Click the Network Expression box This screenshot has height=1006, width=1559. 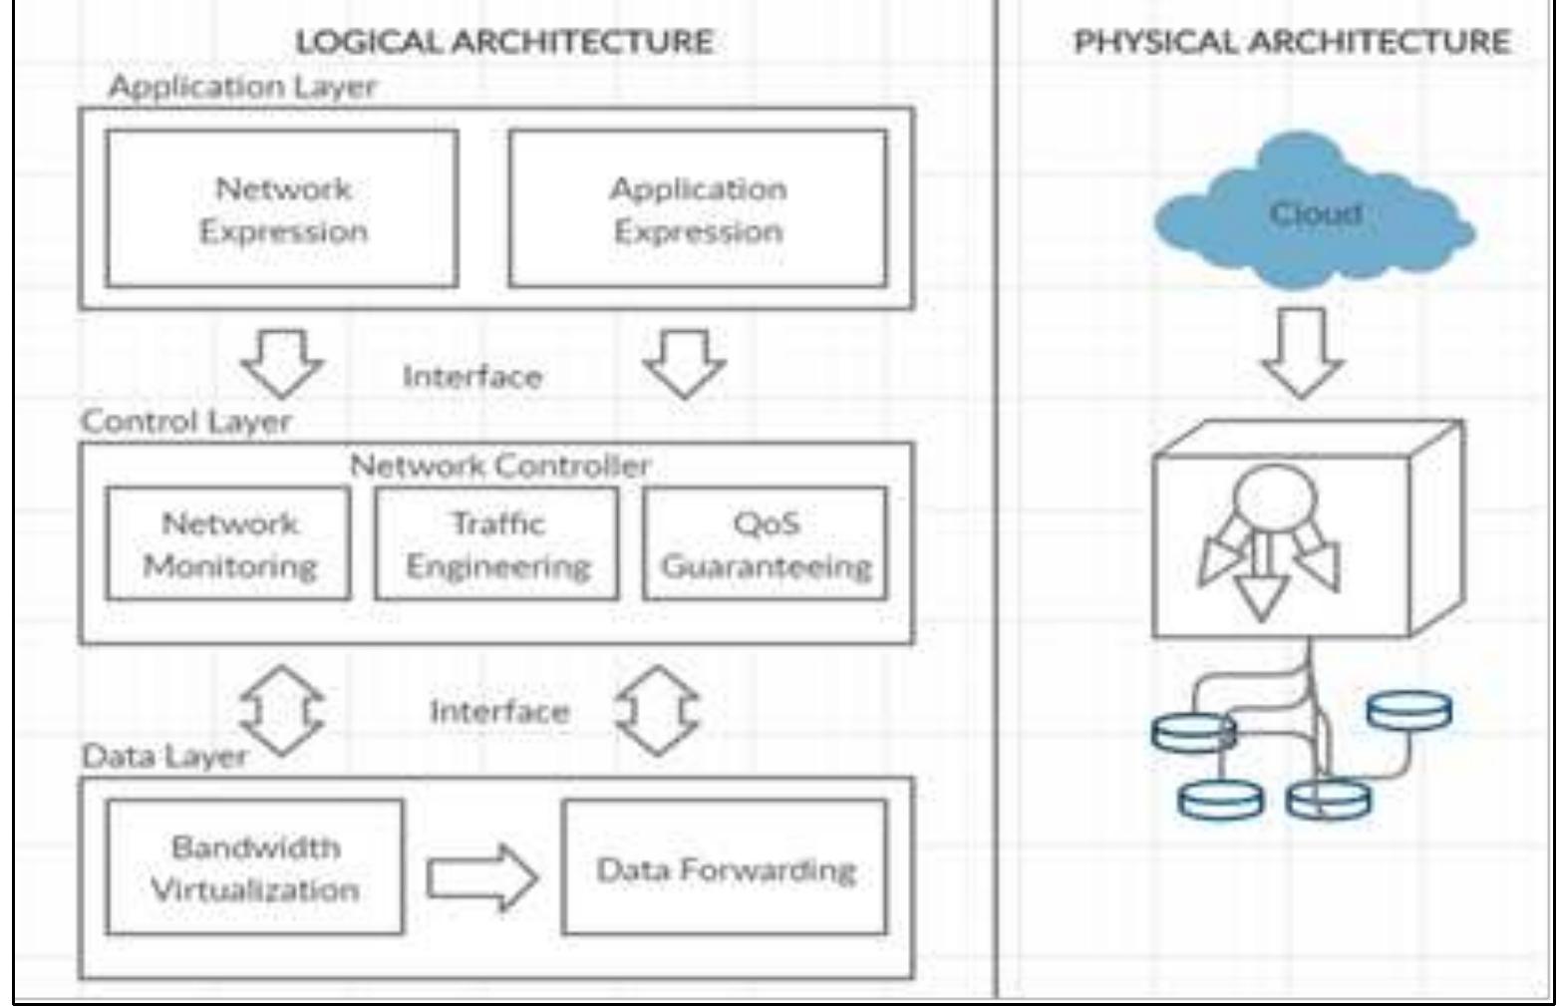click(x=282, y=209)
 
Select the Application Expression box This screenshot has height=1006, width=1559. click(x=697, y=209)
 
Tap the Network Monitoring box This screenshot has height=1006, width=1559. click(x=228, y=543)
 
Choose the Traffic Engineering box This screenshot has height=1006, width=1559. click(x=496, y=543)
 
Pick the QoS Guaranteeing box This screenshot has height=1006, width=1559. click(x=765, y=543)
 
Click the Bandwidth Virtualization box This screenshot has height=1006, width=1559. click(x=254, y=867)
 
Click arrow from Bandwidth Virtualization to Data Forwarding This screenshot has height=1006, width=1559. click(x=482, y=877)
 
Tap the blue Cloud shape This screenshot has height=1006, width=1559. click(x=1314, y=215)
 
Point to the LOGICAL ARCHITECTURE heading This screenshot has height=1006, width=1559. click(x=503, y=42)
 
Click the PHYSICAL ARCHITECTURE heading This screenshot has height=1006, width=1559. click(x=1291, y=42)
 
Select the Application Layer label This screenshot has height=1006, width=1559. click(x=242, y=87)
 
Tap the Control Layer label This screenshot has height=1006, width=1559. click(x=185, y=421)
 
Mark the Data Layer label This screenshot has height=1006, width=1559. click(x=163, y=756)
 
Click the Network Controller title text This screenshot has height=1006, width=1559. click(x=499, y=465)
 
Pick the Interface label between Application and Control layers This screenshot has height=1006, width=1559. click(x=471, y=377)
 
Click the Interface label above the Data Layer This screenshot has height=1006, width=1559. click(x=498, y=712)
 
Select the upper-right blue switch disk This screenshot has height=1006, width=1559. click(x=1408, y=711)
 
